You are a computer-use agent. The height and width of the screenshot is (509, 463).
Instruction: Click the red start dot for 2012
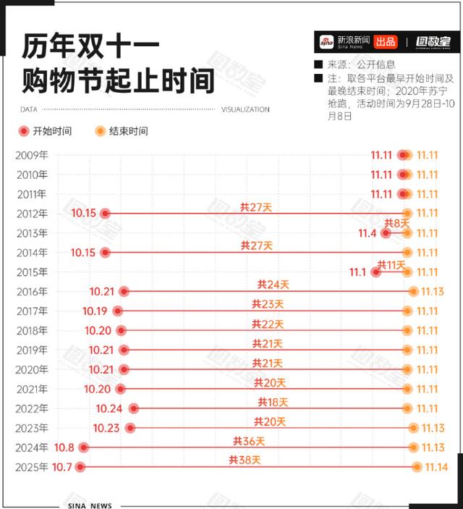(x=105, y=214)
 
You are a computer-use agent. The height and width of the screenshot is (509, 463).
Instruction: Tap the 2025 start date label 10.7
(x=62, y=467)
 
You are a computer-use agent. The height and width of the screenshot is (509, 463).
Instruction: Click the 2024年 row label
(x=31, y=447)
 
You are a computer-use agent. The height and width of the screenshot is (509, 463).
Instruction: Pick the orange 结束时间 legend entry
(x=123, y=131)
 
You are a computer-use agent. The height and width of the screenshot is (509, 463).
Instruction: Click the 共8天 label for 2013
(x=396, y=224)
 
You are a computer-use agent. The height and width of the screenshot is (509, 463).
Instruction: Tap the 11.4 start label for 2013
(x=368, y=233)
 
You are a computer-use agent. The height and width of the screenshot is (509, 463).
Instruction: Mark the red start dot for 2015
(x=375, y=272)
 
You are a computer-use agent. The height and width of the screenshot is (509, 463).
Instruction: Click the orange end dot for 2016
(x=413, y=292)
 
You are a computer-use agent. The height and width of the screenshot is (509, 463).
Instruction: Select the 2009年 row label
(x=31, y=155)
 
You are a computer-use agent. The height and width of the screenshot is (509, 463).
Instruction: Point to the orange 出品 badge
(x=386, y=41)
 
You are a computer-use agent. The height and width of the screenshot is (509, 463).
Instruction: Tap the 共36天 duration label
(x=249, y=440)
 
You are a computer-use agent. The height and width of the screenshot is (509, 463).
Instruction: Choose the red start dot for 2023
(x=130, y=428)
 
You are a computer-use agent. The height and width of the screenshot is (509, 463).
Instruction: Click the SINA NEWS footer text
(x=90, y=505)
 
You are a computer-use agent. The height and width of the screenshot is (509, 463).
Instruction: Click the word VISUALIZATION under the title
(x=245, y=110)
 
